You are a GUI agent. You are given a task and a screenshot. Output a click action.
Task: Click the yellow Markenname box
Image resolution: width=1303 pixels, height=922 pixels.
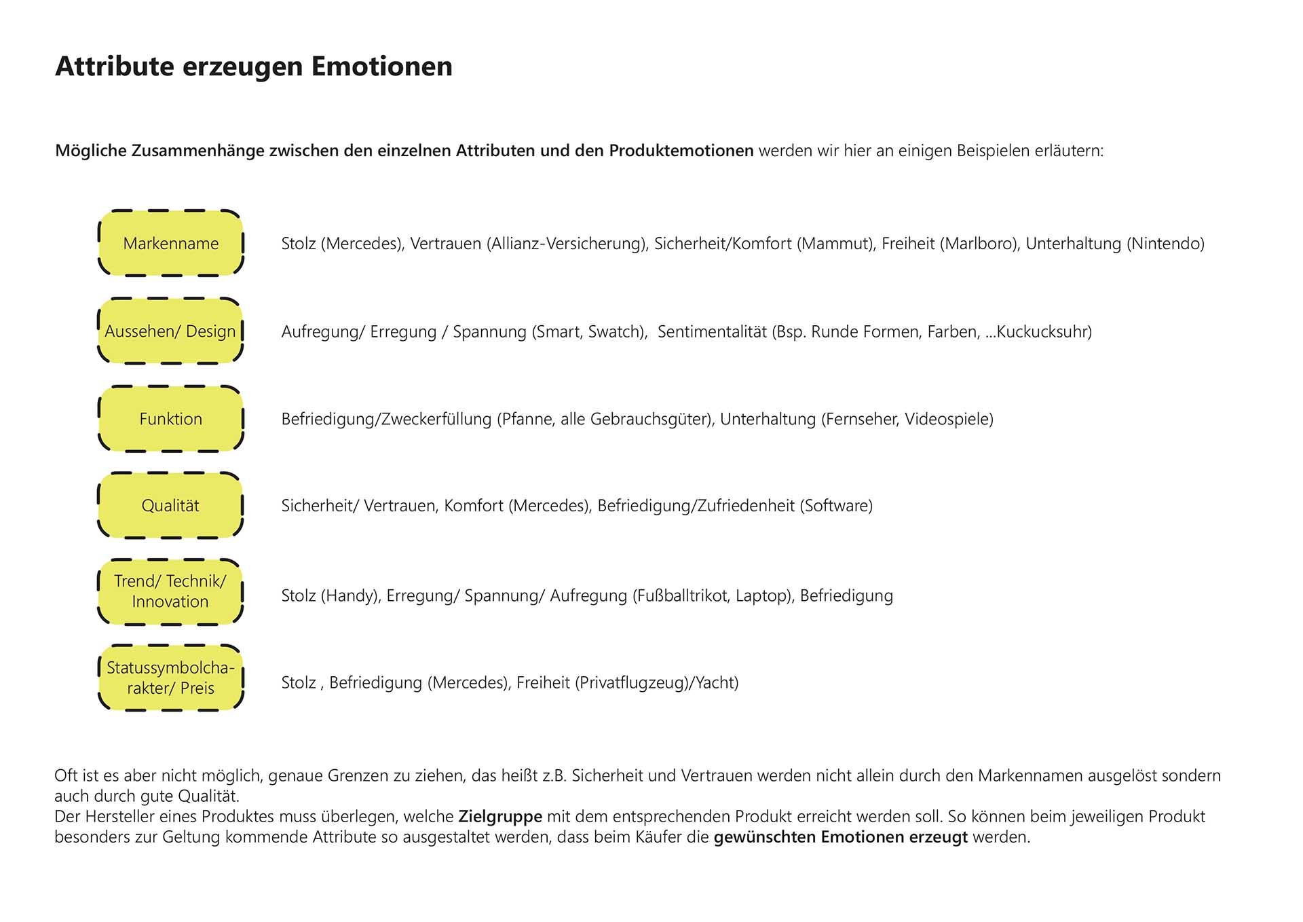(x=171, y=243)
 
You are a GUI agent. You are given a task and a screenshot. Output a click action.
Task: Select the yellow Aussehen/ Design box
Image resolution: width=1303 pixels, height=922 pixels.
(x=171, y=331)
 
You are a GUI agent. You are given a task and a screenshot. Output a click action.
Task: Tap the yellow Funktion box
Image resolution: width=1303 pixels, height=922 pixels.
(x=171, y=419)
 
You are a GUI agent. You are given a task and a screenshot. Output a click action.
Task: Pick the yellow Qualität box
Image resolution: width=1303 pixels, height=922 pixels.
(x=171, y=506)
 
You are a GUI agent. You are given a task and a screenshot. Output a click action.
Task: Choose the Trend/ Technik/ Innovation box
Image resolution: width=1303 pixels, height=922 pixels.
(x=171, y=591)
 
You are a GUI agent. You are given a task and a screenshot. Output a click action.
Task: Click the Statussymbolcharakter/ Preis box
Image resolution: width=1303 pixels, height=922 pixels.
(x=171, y=678)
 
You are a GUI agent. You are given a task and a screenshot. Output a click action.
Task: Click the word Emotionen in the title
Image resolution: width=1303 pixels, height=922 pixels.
(x=381, y=67)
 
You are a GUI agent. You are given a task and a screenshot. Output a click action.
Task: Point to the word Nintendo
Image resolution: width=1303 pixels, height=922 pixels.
(x=1165, y=244)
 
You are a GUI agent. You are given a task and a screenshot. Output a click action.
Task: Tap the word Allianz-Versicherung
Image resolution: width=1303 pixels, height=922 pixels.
(x=566, y=244)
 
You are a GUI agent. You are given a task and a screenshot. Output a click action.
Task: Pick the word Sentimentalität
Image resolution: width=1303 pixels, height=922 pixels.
(x=712, y=332)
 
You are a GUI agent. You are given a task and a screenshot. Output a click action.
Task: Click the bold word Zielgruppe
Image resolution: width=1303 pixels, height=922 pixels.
(x=500, y=817)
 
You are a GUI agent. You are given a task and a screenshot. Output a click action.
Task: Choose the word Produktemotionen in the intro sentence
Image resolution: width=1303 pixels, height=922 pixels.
(x=681, y=151)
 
